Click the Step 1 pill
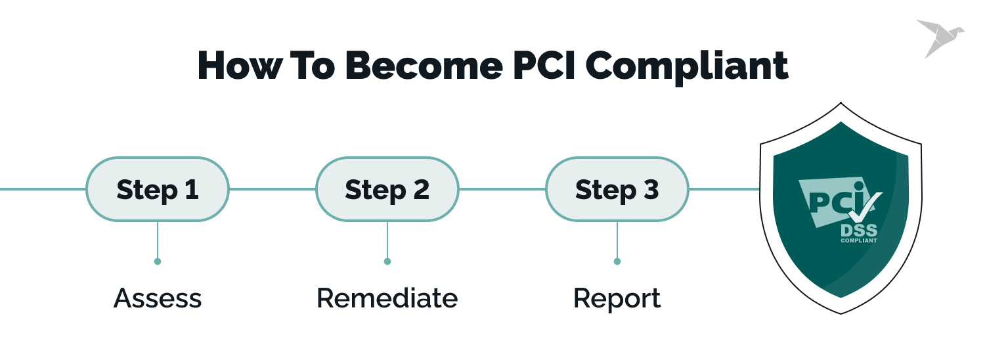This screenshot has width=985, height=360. pyautogui.click(x=158, y=189)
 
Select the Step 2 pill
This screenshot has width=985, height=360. pyautogui.click(x=387, y=189)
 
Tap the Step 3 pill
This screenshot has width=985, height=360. pyautogui.click(x=617, y=189)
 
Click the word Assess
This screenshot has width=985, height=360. pyautogui.click(x=158, y=298)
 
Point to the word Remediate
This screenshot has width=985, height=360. pyautogui.click(x=387, y=298)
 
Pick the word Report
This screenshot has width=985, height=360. pyautogui.click(x=617, y=298)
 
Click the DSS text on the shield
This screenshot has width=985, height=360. pyautogui.click(x=858, y=230)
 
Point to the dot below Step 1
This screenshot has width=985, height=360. pyautogui.click(x=158, y=261)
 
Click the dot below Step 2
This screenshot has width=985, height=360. pyautogui.click(x=387, y=261)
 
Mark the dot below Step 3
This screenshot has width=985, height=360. pyautogui.click(x=617, y=261)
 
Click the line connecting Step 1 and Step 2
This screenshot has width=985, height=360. pyautogui.click(x=273, y=189)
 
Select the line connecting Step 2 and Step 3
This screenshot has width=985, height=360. pyautogui.click(x=502, y=189)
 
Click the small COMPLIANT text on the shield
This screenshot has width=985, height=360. pyautogui.click(x=858, y=240)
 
